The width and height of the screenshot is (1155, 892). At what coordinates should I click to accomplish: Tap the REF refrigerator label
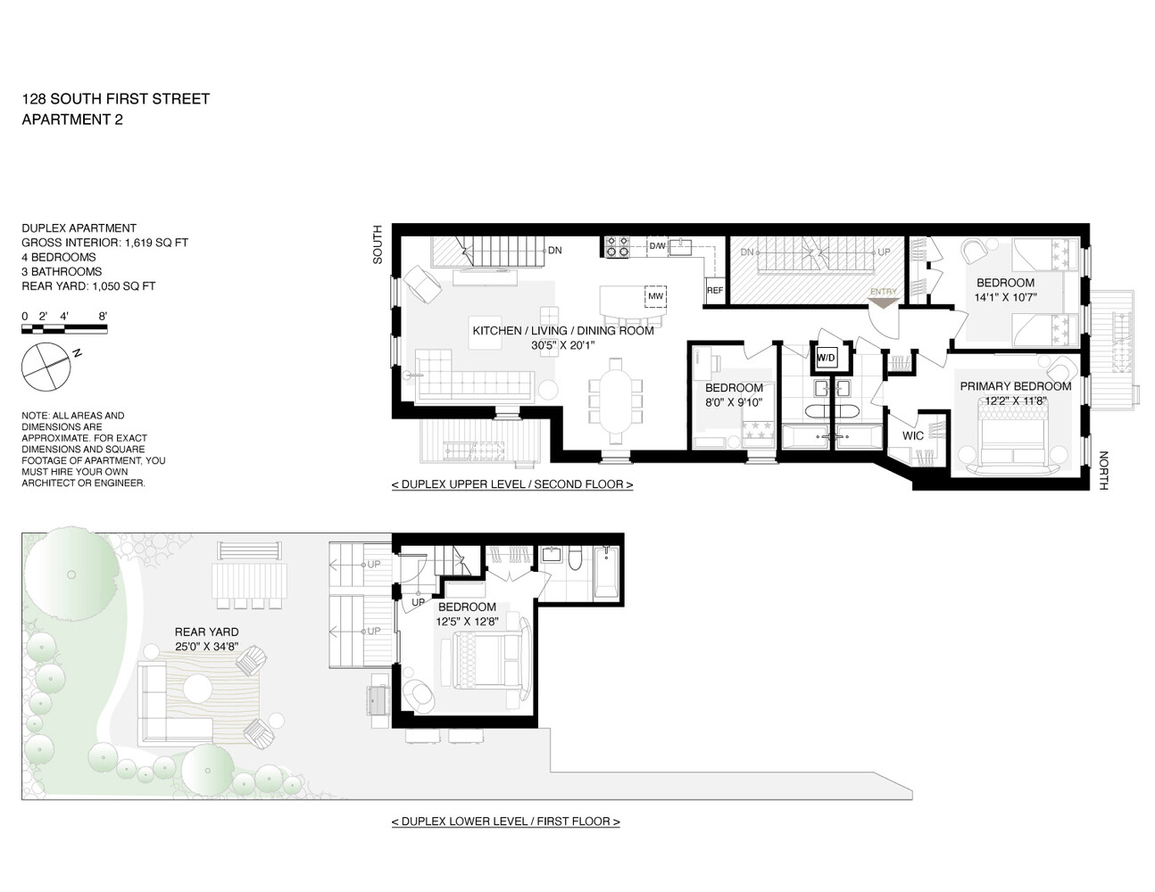(715, 291)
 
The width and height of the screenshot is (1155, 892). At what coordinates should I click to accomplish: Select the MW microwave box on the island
(655, 296)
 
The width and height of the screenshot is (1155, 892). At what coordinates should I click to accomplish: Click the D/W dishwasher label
(657, 246)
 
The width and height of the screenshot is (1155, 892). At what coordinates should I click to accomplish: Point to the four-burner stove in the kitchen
(617, 246)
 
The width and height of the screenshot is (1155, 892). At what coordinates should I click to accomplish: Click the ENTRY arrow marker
(884, 302)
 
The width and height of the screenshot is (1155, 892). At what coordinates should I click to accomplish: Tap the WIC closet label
(912, 436)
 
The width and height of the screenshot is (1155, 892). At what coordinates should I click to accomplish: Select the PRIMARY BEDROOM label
(1015, 386)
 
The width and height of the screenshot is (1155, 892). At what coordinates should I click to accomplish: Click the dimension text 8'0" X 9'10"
(734, 402)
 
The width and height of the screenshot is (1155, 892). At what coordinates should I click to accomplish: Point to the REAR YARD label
(207, 632)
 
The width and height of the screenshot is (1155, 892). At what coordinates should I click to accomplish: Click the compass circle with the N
(46, 367)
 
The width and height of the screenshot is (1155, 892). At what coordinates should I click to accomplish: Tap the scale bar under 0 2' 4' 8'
(64, 329)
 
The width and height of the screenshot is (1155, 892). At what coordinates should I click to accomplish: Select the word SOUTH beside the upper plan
(377, 244)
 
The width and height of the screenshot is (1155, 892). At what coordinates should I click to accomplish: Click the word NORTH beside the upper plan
(1103, 470)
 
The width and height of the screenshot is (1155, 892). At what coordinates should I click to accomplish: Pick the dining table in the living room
(616, 402)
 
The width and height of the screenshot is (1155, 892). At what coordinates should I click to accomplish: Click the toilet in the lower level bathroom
(576, 559)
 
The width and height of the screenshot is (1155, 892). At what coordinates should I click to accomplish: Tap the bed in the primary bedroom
(1014, 441)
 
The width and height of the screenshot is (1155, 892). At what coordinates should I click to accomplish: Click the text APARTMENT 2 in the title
(72, 120)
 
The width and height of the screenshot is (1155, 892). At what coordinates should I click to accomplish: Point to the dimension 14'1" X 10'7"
(1005, 297)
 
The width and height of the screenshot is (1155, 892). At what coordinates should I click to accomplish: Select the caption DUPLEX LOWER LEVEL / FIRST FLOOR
(505, 822)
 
